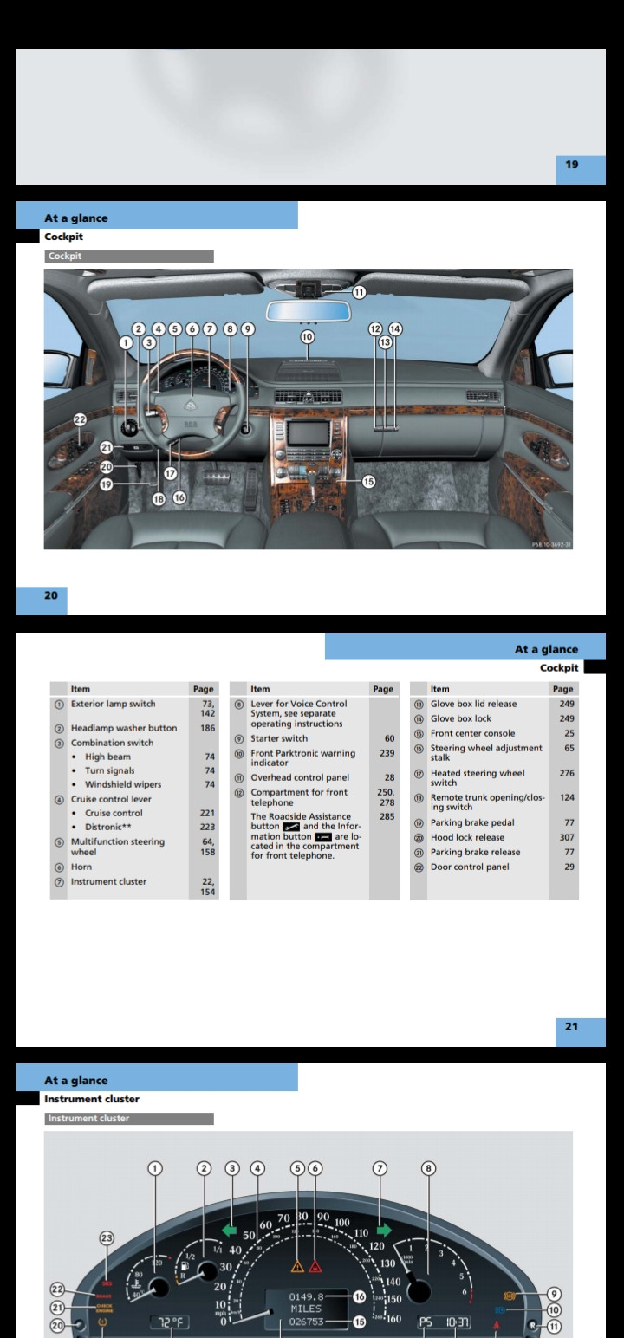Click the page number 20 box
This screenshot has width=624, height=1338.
[x=51, y=595]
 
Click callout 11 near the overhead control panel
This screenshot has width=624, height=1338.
[x=358, y=292]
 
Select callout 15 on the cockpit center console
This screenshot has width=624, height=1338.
[x=368, y=482]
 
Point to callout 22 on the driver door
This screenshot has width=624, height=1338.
[x=80, y=419]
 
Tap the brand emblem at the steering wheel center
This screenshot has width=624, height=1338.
[x=192, y=405]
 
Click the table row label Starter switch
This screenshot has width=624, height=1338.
[x=279, y=738]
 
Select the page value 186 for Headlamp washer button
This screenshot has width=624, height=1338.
[x=208, y=728]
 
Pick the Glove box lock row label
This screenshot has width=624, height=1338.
[x=460, y=718]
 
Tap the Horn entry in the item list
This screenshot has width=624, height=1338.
[x=81, y=867]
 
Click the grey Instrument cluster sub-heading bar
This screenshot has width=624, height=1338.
[x=129, y=1119]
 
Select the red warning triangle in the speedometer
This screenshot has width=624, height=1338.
[x=315, y=1266]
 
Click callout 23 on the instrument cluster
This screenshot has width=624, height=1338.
[x=107, y=1238]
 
